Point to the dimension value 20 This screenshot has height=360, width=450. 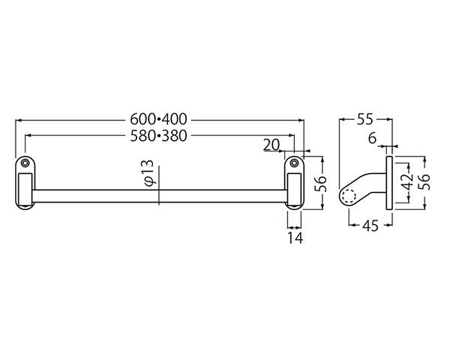coord(271,144)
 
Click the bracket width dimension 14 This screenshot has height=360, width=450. coord(294,238)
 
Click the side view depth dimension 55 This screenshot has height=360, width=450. coord(365,118)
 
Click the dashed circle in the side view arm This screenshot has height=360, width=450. coord(349,195)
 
